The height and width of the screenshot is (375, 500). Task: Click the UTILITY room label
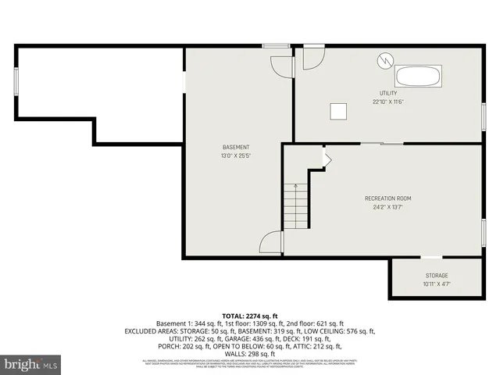click(x=387, y=94)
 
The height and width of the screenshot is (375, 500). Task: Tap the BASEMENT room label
click(x=236, y=148)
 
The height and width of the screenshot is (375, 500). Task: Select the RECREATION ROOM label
click(x=387, y=198)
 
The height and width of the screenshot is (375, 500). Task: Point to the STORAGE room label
click(x=437, y=276)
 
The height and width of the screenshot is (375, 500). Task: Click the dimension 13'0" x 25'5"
click(x=236, y=155)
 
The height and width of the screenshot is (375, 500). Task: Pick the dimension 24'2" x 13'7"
click(x=387, y=206)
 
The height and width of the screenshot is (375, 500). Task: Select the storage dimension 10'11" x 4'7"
click(x=437, y=284)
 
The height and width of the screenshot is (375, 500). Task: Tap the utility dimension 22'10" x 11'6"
click(x=387, y=102)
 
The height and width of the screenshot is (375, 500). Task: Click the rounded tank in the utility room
click(x=419, y=77)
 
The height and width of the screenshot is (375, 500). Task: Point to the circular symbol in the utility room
click(x=384, y=59)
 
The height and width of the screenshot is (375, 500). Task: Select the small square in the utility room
click(x=339, y=111)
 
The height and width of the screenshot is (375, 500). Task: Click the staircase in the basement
click(x=295, y=208)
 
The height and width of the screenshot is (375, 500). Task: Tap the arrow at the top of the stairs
click(x=295, y=186)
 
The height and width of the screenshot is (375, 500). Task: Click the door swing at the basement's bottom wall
click(x=270, y=243)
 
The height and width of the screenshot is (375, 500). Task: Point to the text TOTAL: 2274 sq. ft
click(x=249, y=315)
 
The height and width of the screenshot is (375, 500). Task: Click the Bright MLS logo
click(x=31, y=364)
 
